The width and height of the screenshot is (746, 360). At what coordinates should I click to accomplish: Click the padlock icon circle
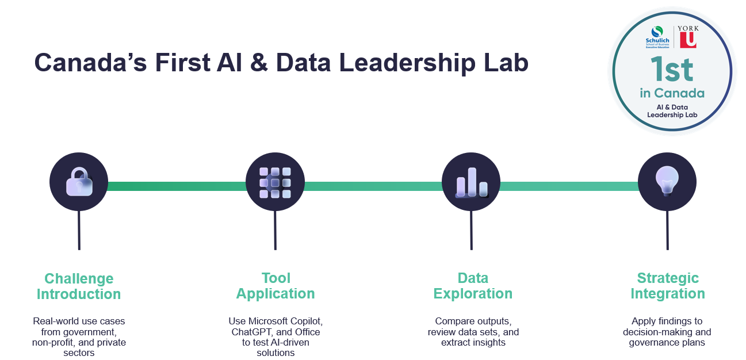pos(79,182)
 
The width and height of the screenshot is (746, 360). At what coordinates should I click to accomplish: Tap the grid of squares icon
pos(275,182)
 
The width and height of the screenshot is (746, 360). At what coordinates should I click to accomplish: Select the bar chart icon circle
pos(471,182)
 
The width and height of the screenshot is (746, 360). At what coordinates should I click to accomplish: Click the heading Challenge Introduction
pos(79,286)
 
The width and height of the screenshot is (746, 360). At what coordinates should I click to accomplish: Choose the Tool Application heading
pos(276,286)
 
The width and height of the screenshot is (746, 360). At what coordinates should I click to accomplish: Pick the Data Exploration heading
pos(473,286)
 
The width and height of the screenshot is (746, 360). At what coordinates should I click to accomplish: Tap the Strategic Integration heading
pos(668,286)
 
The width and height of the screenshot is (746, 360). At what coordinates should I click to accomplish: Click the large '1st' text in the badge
pos(672,70)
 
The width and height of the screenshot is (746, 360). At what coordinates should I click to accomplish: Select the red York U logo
pos(687,39)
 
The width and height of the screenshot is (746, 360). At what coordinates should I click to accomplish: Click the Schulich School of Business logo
pos(658,37)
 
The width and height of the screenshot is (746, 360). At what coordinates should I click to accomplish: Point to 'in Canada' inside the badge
pos(672,93)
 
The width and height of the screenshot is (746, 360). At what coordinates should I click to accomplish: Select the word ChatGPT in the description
pos(253,332)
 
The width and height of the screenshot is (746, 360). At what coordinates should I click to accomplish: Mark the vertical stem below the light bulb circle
pos(667,230)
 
